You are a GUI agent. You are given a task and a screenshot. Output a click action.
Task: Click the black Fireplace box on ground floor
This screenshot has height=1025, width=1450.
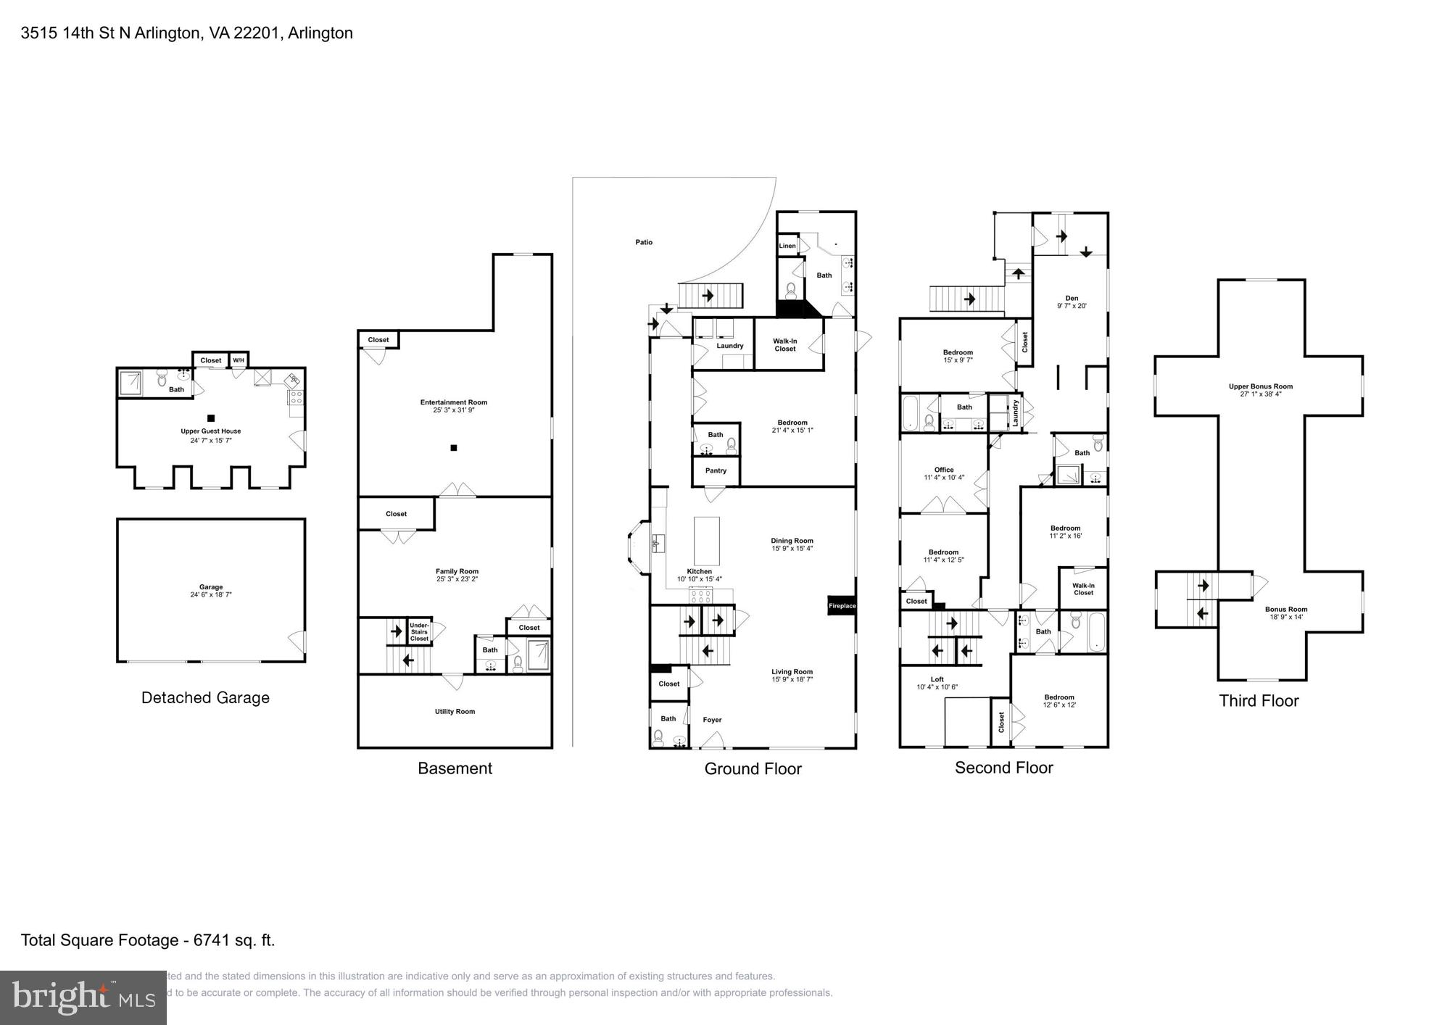[842, 605]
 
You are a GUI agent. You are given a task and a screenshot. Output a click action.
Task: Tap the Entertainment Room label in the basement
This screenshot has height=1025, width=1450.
[454, 402]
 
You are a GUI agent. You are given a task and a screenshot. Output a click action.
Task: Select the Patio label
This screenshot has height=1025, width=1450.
[644, 242]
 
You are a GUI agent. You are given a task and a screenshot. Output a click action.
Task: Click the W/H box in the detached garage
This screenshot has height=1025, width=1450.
[239, 360]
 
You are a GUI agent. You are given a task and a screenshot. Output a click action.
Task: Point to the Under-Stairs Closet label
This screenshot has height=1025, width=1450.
[419, 631]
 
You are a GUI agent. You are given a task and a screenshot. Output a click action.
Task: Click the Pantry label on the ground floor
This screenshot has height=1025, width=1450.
[716, 470]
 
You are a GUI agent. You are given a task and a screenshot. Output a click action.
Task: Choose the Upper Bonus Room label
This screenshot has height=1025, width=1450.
[1261, 386]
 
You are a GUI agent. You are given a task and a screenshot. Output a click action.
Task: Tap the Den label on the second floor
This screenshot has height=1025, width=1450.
[1072, 298]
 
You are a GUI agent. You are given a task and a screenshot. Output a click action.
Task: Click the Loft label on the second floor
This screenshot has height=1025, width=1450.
[937, 679]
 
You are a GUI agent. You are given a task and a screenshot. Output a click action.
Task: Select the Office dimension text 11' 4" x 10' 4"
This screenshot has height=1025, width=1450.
[944, 478]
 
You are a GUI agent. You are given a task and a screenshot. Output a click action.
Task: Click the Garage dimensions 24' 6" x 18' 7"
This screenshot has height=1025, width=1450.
[211, 595]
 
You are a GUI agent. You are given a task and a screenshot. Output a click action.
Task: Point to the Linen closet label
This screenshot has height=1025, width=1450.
[787, 246]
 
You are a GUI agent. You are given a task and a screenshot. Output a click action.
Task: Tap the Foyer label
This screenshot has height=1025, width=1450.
[712, 720]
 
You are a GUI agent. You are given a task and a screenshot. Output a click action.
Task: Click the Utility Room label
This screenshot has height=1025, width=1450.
[455, 711]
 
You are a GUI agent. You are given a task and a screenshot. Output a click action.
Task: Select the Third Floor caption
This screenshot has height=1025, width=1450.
[1259, 701]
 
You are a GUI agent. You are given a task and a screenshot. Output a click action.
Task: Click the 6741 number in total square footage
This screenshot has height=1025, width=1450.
[210, 940]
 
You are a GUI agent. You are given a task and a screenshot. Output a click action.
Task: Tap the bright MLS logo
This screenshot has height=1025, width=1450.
[83, 998]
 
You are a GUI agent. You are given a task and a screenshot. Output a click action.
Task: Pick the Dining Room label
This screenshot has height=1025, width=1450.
[792, 541]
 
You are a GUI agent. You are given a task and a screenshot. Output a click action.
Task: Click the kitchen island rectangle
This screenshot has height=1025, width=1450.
[707, 541]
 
